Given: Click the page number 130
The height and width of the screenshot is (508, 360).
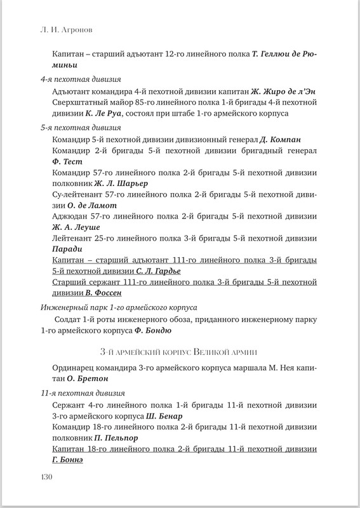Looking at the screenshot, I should point(50,477).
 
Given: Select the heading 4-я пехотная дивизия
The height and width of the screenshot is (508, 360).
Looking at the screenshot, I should point(75,80).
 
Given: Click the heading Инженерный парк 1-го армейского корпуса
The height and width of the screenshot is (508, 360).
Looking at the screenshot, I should point(118,307).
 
